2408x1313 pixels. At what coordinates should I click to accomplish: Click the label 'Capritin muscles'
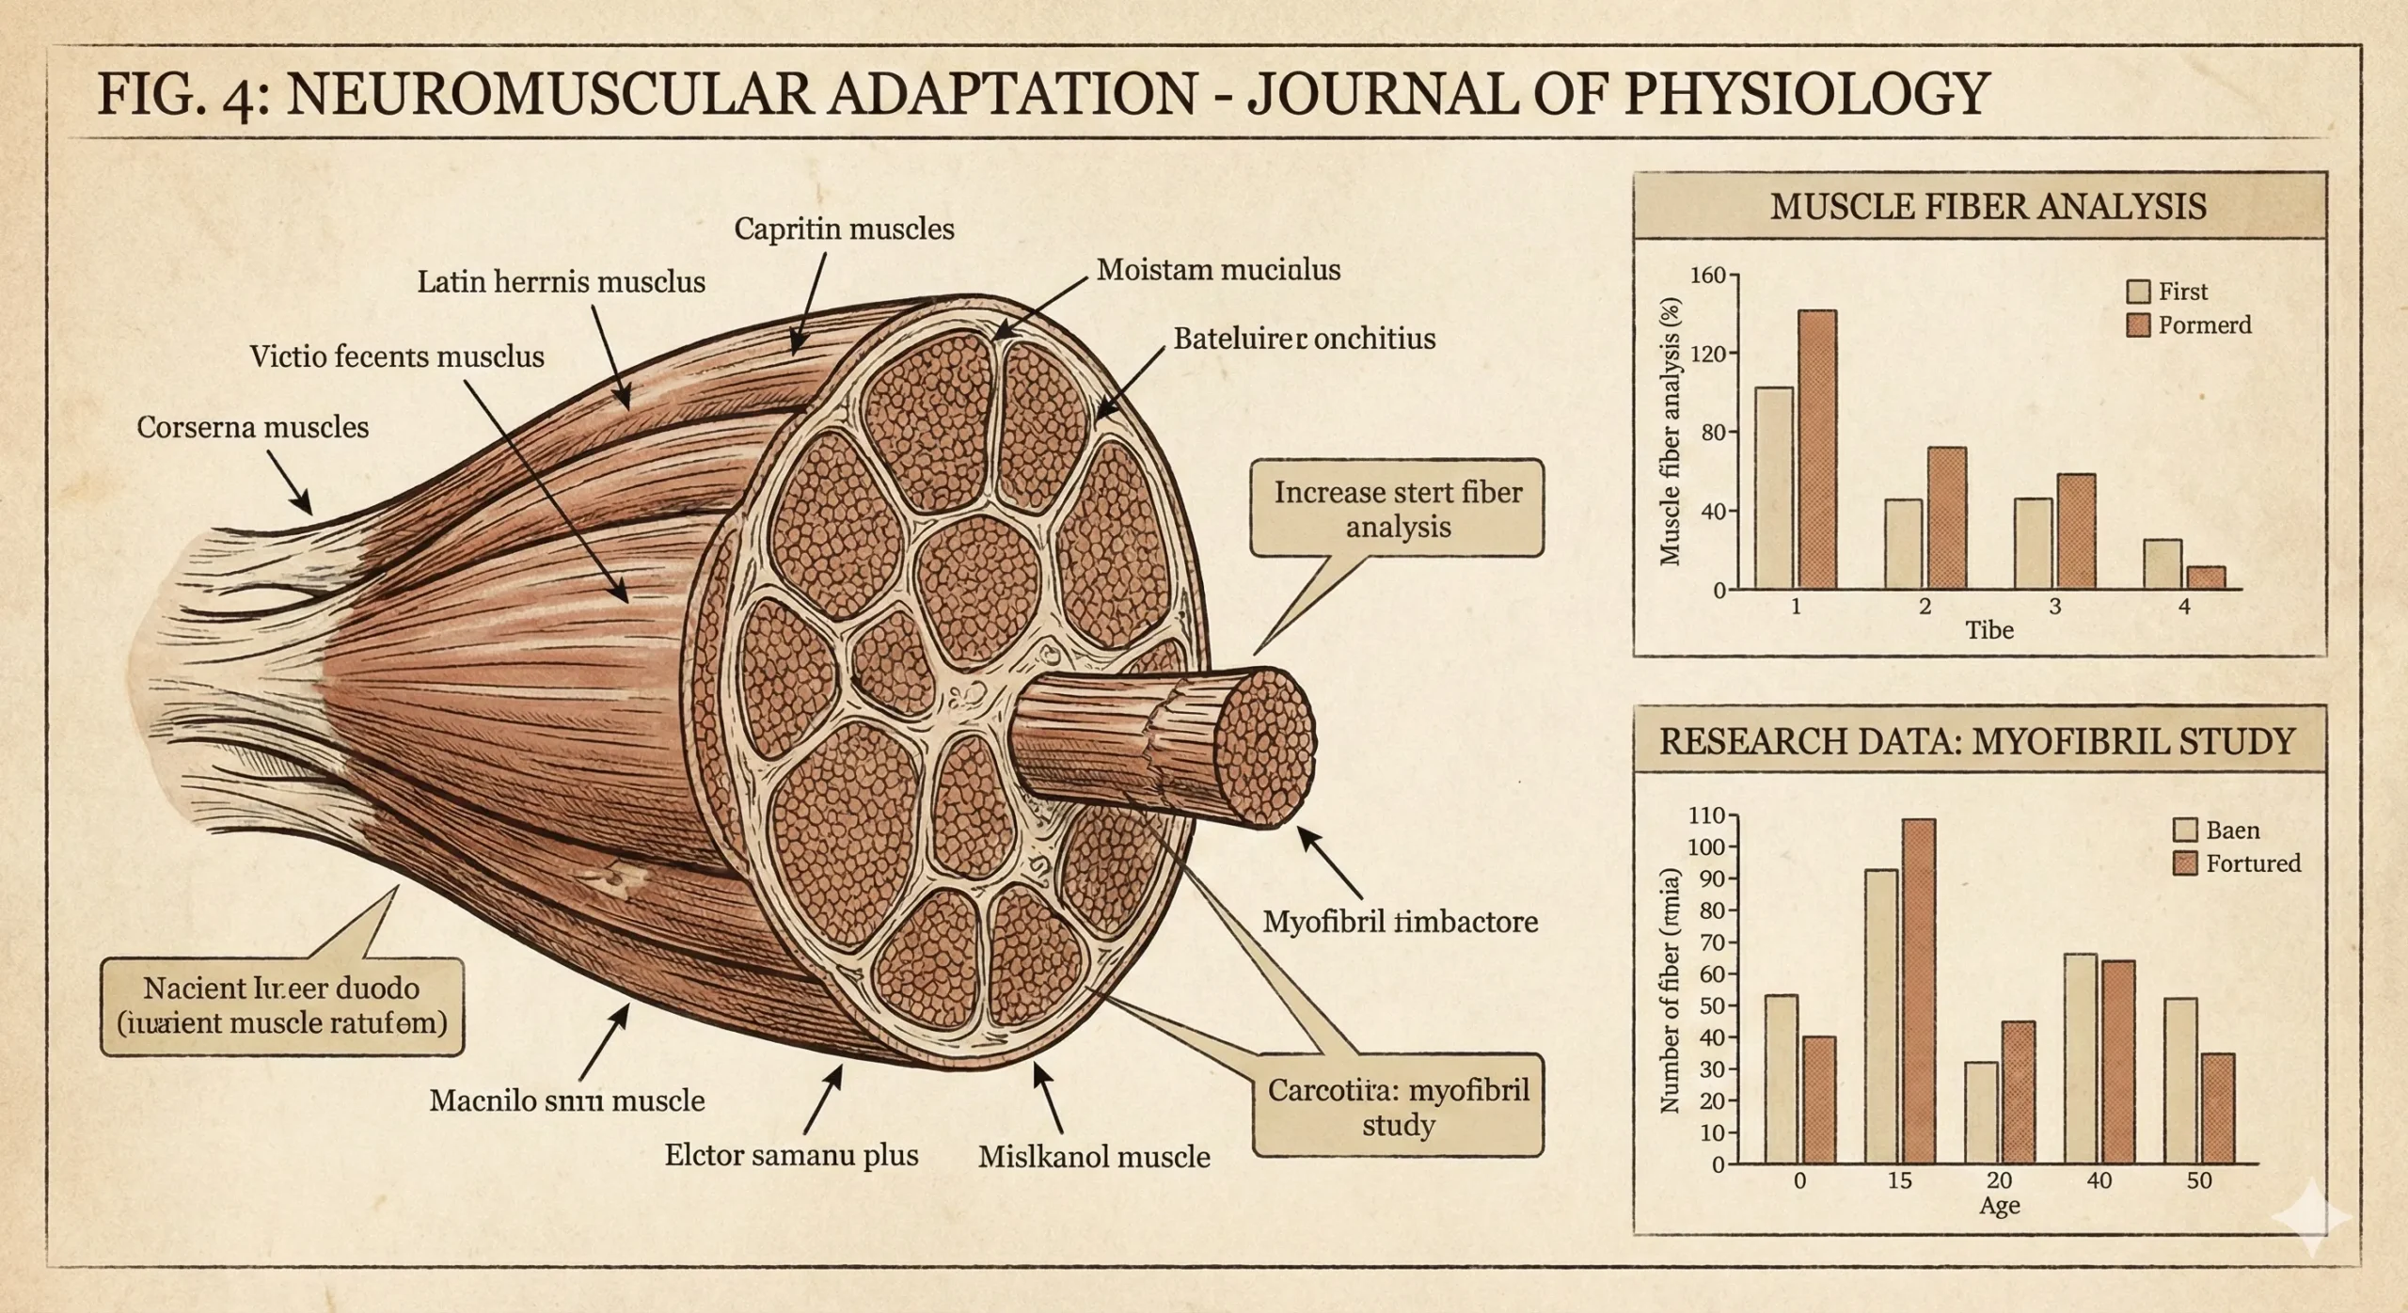click(x=844, y=229)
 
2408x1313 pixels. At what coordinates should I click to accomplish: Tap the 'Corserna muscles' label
click(x=252, y=427)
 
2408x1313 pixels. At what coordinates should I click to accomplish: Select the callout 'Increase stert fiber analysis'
click(x=1397, y=509)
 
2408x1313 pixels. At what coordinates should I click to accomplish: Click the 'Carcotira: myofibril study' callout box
click(x=1398, y=1106)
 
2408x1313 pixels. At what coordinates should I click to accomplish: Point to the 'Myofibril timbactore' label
click(x=1400, y=921)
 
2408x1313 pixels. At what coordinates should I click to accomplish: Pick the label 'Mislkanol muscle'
click(x=1094, y=1156)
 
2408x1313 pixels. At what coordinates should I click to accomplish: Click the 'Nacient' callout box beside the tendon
click(x=282, y=1005)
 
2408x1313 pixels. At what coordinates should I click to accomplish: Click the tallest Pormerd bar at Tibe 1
click(x=1816, y=450)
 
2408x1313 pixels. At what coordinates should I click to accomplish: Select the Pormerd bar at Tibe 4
click(x=2206, y=577)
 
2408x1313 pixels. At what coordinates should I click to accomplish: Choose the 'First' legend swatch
click(x=2138, y=292)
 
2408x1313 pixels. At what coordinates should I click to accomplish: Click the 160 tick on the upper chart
click(x=1708, y=276)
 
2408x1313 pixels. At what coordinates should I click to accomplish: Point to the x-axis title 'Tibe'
click(x=1989, y=630)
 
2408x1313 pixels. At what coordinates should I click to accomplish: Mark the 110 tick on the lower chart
click(x=1706, y=815)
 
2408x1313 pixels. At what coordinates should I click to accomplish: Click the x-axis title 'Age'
click(x=1999, y=1206)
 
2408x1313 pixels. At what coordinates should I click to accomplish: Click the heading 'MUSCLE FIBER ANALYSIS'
click(x=1988, y=206)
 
